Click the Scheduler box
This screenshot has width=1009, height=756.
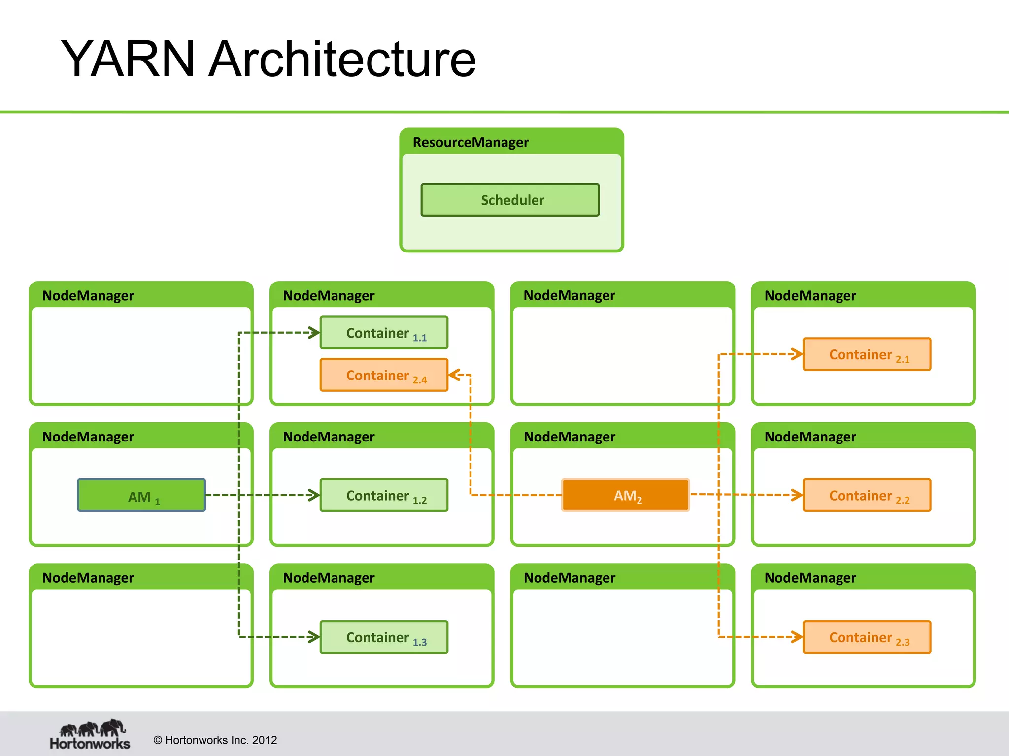pos(510,200)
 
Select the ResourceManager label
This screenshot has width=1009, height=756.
pos(471,142)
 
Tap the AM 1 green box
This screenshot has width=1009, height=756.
pos(141,495)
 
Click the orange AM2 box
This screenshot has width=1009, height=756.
pos(625,495)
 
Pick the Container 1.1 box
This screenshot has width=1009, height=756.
pos(384,333)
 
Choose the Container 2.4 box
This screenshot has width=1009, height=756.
pos(384,375)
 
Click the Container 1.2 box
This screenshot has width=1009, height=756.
pos(384,495)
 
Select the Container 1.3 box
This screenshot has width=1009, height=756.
pos(384,637)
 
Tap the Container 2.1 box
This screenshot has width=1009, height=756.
pos(867,354)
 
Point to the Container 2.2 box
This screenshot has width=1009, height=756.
pos(867,495)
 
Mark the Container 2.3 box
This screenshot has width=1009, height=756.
pos(867,637)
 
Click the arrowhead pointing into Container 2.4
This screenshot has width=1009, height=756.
pos(454,375)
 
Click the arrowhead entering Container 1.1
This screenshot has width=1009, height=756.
pos(314,333)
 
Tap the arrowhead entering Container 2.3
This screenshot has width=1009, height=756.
pos(797,637)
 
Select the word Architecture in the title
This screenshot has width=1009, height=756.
pos(342,59)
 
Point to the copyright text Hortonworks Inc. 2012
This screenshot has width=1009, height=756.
pos(215,740)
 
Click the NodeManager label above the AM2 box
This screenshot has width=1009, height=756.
pos(570,437)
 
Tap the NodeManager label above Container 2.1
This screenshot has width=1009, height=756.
pos(810,295)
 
